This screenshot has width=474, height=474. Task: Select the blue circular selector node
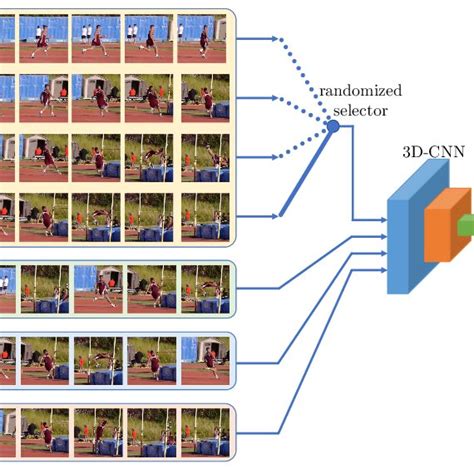pyautogui.click(x=333, y=126)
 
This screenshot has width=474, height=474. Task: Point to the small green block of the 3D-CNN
pyautogui.click(x=465, y=229)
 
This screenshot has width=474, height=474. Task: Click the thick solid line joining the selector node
pyautogui.click(x=307, y=170)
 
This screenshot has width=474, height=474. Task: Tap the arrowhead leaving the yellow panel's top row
pyautogui.click(x=275, y=41)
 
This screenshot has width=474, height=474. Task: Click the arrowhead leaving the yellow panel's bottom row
pyautogui.click(x=275, y=215)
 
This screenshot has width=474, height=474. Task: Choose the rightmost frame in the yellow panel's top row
pyautogui.click(x=204, y=40)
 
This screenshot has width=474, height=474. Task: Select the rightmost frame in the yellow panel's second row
pyautogui.click(x=204, y=98)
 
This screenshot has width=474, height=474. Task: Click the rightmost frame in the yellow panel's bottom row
pyautogui.click(x=204, y=214)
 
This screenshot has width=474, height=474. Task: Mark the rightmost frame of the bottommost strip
pyautogui.click(x=204, y=432)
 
